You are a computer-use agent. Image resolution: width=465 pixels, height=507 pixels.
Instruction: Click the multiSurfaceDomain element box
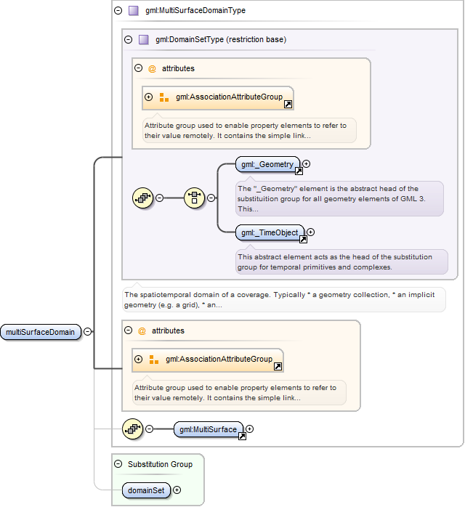pyautogui.click(x=41, y=332)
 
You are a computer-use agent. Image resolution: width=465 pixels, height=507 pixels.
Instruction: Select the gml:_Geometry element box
pyautogui.click(x=267, y=164)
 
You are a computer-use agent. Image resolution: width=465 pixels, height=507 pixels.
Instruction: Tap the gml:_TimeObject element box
pyautogui.click(x=270, y=232)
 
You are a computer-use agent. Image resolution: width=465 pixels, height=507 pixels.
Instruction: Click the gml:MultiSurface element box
pyautogui.click(x=209, y=429)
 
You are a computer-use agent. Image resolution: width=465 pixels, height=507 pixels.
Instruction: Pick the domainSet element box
pyautogui.click(x=146, y=490)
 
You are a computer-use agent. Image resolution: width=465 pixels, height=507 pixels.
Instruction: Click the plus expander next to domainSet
pyautogui.click(x=177, y=490)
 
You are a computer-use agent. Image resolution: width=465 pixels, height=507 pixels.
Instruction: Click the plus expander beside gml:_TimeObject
pyautogui.click(x=311, y=232)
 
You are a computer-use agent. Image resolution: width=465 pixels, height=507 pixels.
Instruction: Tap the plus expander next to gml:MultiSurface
pyautogui.click(x=250, y=429)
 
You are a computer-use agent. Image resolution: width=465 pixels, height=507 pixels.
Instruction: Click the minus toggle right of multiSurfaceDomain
pyautogui.click(x=88, y=332)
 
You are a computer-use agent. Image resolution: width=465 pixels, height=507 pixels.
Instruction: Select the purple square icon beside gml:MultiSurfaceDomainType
pyautogui.click(x=134, y=11)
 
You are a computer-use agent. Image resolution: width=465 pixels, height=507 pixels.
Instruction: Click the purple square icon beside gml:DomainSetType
pyautogui.click(x=144, y=40)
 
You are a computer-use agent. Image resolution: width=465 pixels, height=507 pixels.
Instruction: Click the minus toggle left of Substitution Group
pyautogui.click(x=118, y=464)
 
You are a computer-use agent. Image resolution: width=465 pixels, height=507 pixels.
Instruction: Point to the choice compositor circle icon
pyautogui.click(x=194, y=198)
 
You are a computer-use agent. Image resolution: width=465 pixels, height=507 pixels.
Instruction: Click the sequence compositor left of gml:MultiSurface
pyautogui.click(x=132, y=429)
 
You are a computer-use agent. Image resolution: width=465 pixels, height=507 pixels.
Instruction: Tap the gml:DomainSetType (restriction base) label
pyautogui.click(x=221, y=40)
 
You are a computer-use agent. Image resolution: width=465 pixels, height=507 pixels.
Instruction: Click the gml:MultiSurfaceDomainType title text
pyautogui.click(x=195, y=11)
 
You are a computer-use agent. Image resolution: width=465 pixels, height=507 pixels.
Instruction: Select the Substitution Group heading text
pyautogui.click(x=160, y=464)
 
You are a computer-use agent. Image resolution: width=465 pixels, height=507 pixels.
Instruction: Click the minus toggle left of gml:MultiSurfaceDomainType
pyautogui.click(x=118, y=11)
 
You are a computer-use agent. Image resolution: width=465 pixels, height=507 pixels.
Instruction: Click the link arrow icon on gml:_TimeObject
pyautogui.click(x=303, y=239)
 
